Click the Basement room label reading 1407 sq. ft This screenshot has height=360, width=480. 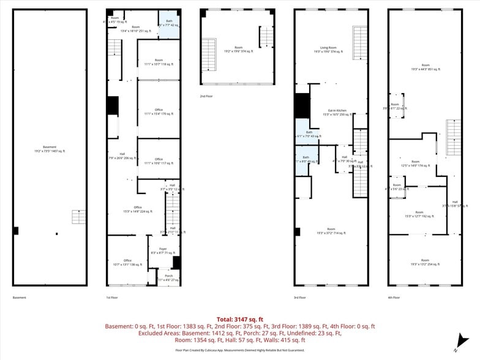pyautogui.click(x=50, y=149)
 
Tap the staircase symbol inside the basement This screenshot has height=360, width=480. pyautogui.click(x=79, y=217)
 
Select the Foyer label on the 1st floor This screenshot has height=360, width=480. pyautogui.click(x=163, y=250)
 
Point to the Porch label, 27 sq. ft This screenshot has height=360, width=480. pyautogui.click(x=168, y=277)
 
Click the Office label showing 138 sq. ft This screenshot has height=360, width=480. pyautogui.click(x=127, y=262)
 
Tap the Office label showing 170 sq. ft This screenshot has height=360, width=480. pyautogui.click(x=159, y=111)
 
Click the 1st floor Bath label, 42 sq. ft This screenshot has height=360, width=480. pyautogui.click(x=168, y=23)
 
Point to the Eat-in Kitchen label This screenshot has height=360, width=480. pyautogui.click(x=337, y=112)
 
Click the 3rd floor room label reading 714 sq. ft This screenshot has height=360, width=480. pyautogui.click(x=331, y=231)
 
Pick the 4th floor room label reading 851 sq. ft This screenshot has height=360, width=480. pyautogui.click(x=425, y=67)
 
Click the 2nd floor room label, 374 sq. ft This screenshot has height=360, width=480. pyautogui.click(x=238, y=49)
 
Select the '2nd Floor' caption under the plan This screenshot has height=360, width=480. pyautogui.click(x=206, y=96)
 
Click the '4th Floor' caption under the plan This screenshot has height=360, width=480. pyautogui.click(x=393, y=298)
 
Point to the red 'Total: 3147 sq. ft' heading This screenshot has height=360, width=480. pyautogui.click(x=239, y=319)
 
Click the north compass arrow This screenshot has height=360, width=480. pyautogui.click(x=460, y=340)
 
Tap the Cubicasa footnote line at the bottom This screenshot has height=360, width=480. pyautogui.click(x=239, y=350)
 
